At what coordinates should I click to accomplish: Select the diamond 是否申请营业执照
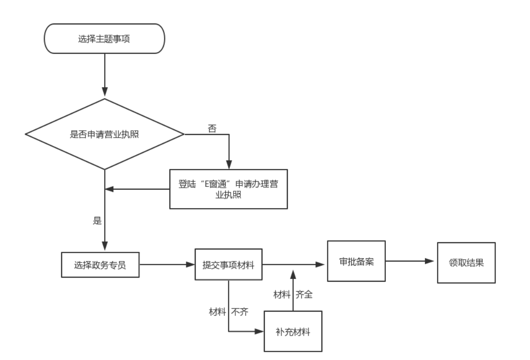pos(105,134)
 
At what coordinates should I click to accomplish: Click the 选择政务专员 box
pos(100,265)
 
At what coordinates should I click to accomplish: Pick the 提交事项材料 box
pos(229,265)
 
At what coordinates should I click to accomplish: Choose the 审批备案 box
pos(356,261)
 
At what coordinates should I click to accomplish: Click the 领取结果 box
pos(466,262)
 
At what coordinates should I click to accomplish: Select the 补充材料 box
pos(293,331)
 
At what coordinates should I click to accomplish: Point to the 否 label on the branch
pos(212,128)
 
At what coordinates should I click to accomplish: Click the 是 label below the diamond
pos(97,221)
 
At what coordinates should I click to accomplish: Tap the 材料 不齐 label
pos(229,312)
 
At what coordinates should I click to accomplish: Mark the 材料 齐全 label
pos(293,295)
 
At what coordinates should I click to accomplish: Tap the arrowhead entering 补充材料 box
pos(259,331)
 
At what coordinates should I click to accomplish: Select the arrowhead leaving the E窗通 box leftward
pos(110,189)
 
